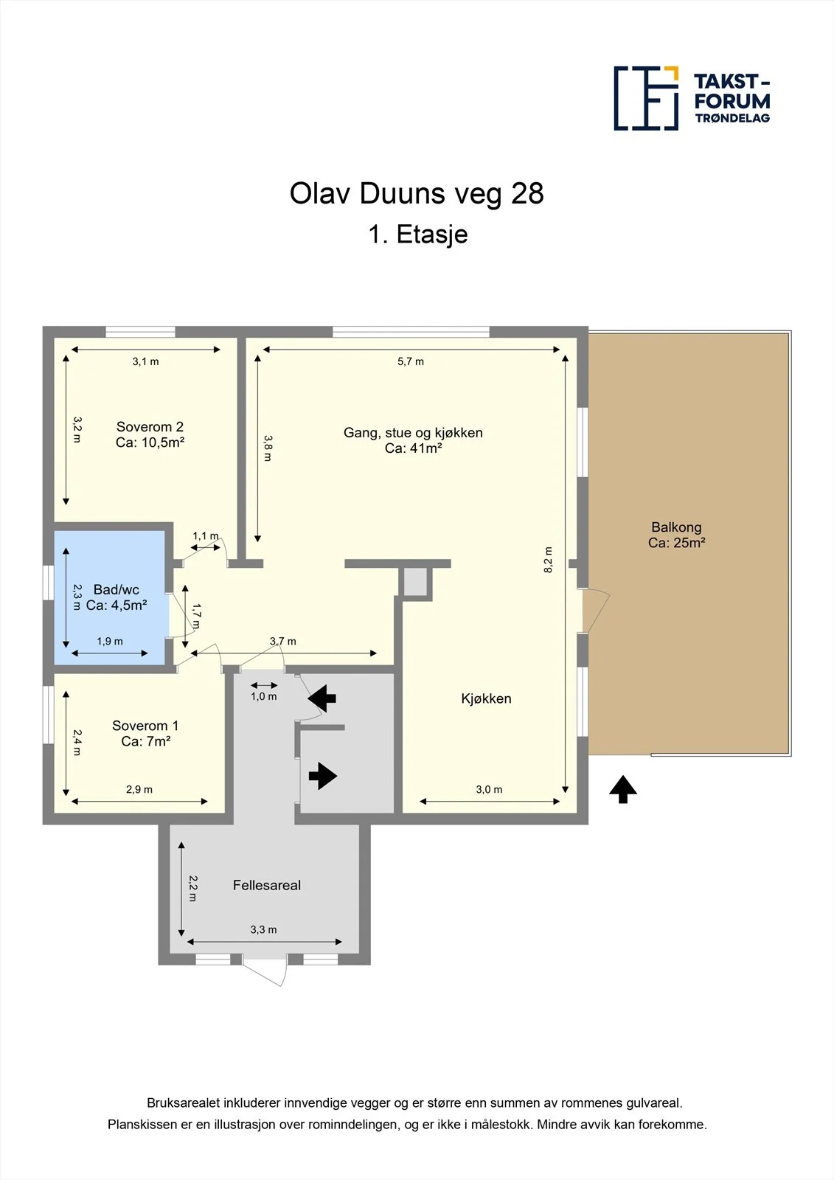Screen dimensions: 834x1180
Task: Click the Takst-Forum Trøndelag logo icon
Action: [x=646, y=99]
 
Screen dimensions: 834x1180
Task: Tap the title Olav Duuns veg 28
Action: [x=416, y=193]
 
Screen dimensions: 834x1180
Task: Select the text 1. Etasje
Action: [x=418, y=234]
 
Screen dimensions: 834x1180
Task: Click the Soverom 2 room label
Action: [x=150, y=434]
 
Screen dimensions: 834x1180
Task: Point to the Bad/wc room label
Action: [x=116, y=597]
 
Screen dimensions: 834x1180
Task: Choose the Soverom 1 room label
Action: [x=145, y=733]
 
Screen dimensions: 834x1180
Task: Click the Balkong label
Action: [x=676, y=535]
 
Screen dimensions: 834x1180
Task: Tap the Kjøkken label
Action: [x=486, y=698]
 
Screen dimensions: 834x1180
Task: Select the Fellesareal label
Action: [x=267, y=885]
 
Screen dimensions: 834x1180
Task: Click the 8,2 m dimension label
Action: [x=548, y=560]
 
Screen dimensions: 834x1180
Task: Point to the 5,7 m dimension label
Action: [x=411, y=361]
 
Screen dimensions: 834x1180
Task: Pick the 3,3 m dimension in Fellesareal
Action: [x=263, y=930]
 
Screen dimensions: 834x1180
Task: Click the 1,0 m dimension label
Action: [x=263, y=696]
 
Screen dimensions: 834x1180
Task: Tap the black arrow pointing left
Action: [x=322, y=698]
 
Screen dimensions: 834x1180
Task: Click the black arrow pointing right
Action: [x=322, y=776]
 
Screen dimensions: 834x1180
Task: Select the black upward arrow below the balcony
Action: [x=623, y=789]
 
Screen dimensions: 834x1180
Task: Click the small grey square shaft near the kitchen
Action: [x=415, y=582]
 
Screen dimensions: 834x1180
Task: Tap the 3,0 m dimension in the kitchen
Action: [x=489, y=790]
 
